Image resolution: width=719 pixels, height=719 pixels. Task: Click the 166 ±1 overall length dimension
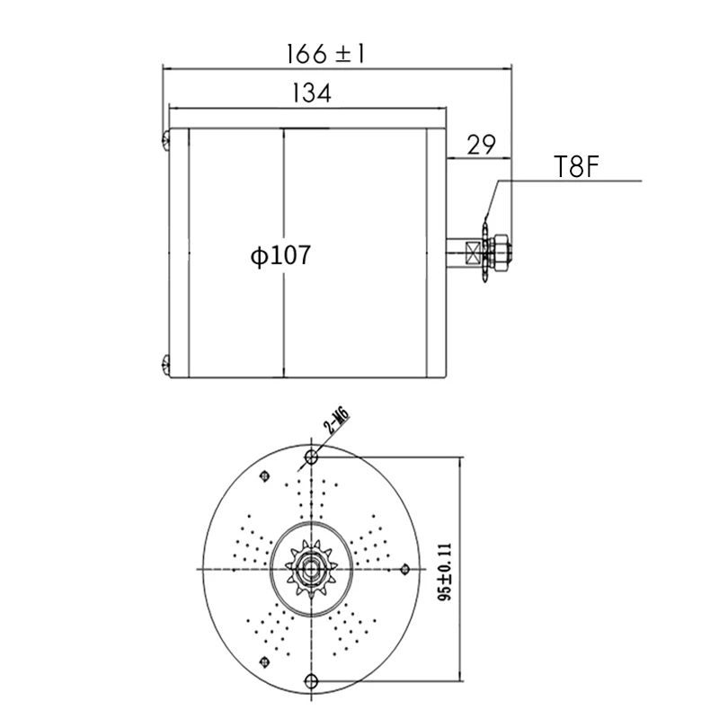point(324,53)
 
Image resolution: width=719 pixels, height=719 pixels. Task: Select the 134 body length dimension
point(311,93)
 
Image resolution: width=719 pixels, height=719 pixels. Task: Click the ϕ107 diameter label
point(280,256)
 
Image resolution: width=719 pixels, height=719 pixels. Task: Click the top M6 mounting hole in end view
point(312,458)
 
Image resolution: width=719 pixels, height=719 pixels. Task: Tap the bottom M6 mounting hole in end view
point(312,679)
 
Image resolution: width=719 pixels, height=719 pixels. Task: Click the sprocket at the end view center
point(312,569)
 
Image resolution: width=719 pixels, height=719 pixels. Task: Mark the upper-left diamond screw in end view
point(263,476)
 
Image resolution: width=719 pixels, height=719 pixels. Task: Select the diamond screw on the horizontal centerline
point(405,569)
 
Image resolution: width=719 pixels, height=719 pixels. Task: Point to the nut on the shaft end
point(502,251)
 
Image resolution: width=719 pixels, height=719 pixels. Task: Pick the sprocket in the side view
point(486,251)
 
